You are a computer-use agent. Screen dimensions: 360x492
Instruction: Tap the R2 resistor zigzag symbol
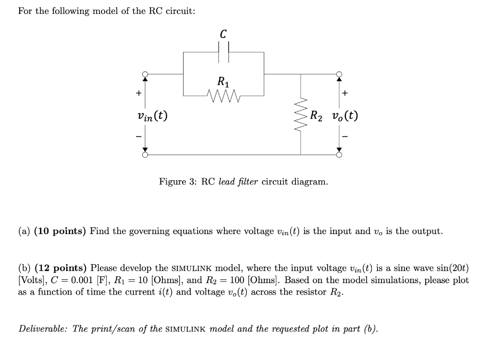(x=301, y=116)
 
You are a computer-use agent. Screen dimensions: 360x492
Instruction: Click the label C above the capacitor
(x=223, y=34)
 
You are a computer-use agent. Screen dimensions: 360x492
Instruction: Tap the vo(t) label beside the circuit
(x=344, y=116)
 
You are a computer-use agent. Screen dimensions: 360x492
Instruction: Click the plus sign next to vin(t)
(x=138, y=93)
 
